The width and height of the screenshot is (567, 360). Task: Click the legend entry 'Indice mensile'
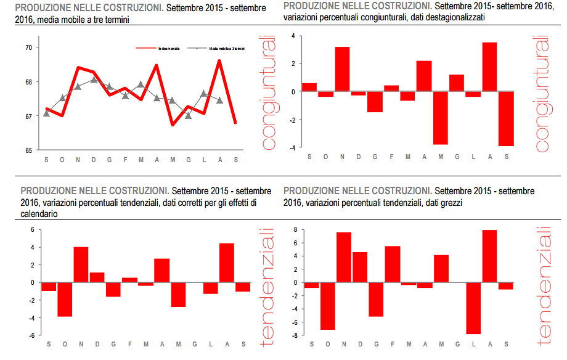coord(168,48)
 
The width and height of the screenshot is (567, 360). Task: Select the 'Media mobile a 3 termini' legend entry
coord(227,48)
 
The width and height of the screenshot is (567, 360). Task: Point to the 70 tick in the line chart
coord(29,47)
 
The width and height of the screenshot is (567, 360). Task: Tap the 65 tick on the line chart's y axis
coord(29,150)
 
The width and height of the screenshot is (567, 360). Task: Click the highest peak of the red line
coord(219,61)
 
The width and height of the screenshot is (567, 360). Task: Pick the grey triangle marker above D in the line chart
coord(94,79)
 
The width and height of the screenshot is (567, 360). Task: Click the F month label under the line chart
coord(125,160)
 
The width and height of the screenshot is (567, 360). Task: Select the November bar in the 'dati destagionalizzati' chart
coord(342,69)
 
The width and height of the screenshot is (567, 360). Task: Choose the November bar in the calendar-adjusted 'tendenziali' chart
coord(81,264)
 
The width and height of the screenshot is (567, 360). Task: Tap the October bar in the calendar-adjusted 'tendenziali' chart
coord(65,299)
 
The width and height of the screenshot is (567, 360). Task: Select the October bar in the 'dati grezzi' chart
coord(327,306)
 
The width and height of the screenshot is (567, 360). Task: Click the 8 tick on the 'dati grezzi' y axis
coord(295,229)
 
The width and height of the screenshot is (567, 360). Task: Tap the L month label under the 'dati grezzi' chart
coord(473,344)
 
